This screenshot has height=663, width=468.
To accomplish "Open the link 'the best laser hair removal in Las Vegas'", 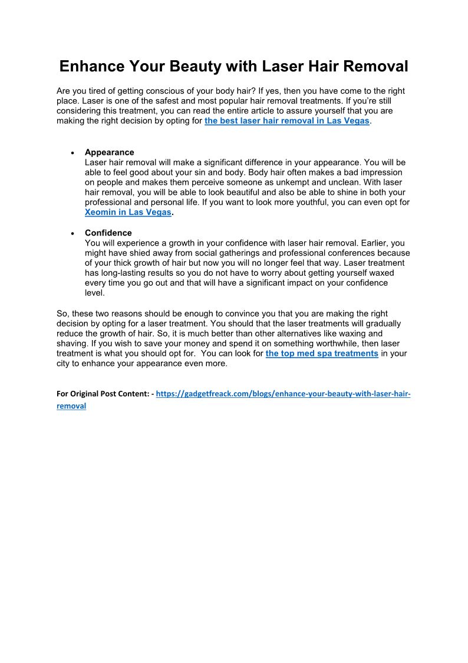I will point(286,120).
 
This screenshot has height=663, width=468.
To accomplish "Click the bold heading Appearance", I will point(109,152).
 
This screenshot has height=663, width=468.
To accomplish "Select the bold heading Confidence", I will point(108,233).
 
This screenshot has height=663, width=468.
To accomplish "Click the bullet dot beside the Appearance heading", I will point(72,153).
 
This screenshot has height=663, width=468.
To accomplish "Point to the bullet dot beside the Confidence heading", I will point(72,233).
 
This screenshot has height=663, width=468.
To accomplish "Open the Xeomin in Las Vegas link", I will point(128,213).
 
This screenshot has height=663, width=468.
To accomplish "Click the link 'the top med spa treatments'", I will point(322,354).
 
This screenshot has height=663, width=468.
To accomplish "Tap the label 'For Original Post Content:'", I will point(105,394).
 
